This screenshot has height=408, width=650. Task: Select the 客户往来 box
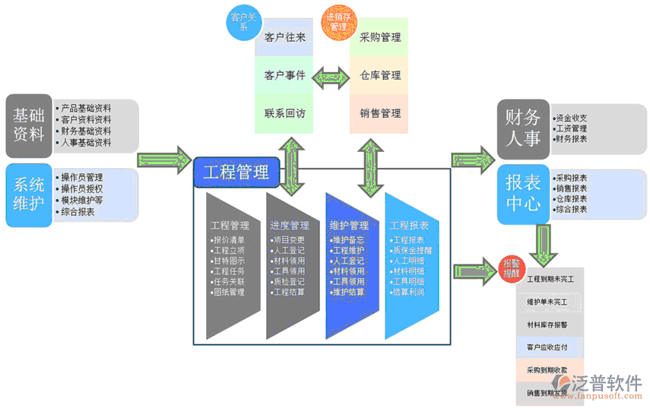tap(285, 37)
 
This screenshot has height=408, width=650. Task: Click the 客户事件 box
tap(285, 75)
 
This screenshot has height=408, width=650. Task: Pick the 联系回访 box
tap(285, 113)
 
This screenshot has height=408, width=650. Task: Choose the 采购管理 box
tap(380, 37)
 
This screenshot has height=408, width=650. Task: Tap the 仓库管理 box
tap(380, 75)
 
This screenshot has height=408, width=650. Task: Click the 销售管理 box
tap(380, 113)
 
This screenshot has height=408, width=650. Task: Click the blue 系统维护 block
tap(29, 195)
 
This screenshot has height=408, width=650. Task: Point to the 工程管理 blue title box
tap(236, 172)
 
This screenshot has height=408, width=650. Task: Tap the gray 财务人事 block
tap(523, 128)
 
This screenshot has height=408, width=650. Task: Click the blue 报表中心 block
tap(523, 193)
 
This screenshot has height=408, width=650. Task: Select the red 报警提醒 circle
tap(511, 267)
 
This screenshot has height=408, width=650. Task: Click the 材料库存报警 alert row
tap(550, 325)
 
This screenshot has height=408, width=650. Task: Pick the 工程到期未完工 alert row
tap(550, 280)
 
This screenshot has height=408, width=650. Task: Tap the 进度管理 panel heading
tap(289, 226)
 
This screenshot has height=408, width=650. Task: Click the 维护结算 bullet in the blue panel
tap(349, 293)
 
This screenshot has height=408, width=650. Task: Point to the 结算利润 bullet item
tap(409, 293)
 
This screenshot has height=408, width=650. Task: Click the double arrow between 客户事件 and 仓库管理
tap(332, 75)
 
